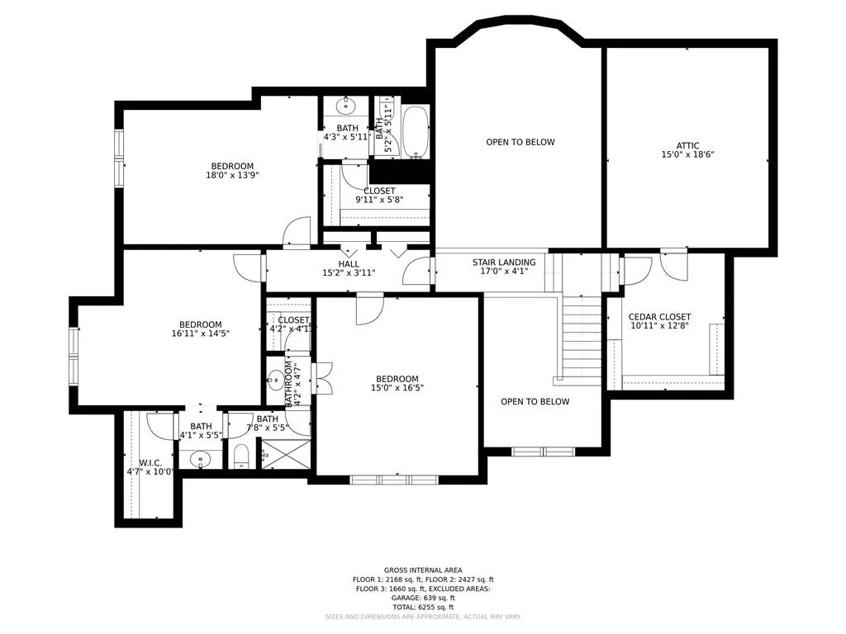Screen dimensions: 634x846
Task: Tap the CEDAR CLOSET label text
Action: (x=659, y=317)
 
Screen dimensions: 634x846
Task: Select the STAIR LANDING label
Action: (x=504, y=263)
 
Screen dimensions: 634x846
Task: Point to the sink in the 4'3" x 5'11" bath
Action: (x=346, y=106)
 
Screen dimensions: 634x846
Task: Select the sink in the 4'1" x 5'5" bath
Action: (x=199, y=459)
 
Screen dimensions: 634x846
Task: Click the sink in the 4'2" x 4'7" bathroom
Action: (x=274, y=381)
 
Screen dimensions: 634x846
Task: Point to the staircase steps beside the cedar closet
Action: (x=582, y=338)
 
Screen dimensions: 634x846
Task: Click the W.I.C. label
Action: (x=150, y=462)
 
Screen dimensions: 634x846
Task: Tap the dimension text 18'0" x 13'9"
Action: (x=232, y=175)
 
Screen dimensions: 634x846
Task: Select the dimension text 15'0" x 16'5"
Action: (x=397, y=388)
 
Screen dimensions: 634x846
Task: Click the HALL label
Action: (x=348, y=263)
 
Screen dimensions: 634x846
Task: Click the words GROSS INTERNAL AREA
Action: (x=423, y=570)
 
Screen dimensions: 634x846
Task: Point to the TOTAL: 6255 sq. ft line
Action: (x=423, y=607)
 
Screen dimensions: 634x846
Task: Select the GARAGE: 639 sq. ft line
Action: (x=423, y=598)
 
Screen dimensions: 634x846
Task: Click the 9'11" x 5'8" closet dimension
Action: (x=379, y=201)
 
